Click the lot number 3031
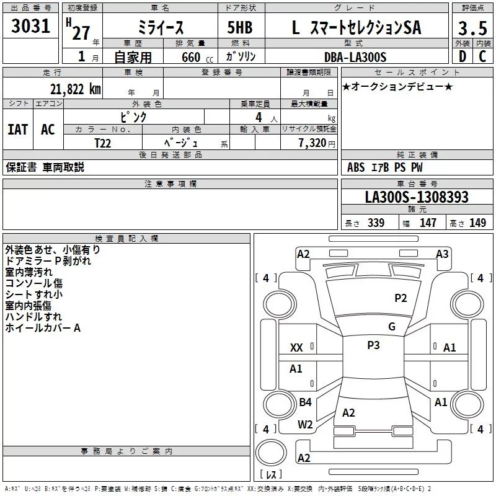click(x=31, y=27)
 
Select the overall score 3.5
click(x=471, y=29)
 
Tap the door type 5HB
click(x=239, y=28)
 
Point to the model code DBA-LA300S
click(x=355, y=57)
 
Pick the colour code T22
click(x=104, y=142)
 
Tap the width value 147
click(x=428, y=223)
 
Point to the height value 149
click(x=477, y=223)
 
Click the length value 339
click(x=376, y=223)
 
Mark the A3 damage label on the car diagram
click(x=442, y=254)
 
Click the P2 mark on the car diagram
click(x=401, y=298)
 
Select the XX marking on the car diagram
click(x=296, y=348)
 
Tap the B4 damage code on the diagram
click(x=305, y=402)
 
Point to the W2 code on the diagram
click(x=305, y=425)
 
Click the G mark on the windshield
click(x=392, y=327)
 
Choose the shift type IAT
click(x=18, y=130)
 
